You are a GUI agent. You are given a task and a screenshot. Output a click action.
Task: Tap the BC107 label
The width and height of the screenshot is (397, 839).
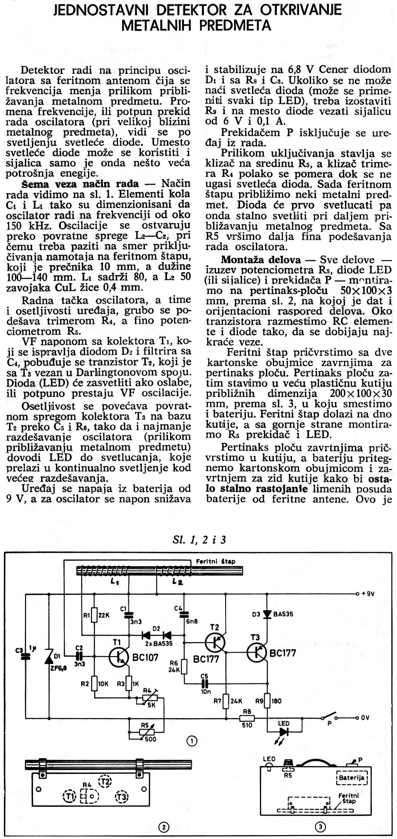click(x=145, y=657)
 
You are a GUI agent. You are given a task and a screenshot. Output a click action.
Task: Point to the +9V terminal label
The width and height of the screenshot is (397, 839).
click(x=367, y=593)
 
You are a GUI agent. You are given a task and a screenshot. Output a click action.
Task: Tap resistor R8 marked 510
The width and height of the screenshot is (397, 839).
click(x=247, y=718)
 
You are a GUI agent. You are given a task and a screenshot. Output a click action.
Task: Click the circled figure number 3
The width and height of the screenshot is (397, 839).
click(x=320, y=827)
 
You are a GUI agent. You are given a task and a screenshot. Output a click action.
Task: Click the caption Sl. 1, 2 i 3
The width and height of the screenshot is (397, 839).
click(x=199, y=540)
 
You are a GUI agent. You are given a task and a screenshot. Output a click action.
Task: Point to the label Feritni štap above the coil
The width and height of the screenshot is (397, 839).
click(x=216, y=561)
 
